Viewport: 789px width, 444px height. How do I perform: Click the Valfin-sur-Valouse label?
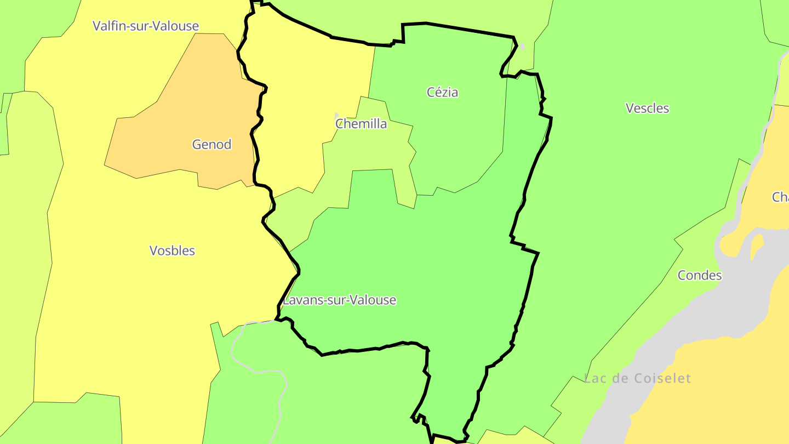(x=146, y=26)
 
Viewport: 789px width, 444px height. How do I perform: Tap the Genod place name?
(x=211, y=145)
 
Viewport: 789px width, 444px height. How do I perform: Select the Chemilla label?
(x=361, y=124)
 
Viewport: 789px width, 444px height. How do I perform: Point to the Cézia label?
(x=442, y=92)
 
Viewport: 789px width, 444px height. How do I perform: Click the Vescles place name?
(x=647, y=108)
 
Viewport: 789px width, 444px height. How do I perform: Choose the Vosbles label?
(x=172, y=251)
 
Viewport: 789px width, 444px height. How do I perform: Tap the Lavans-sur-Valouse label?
(x=339, y=300)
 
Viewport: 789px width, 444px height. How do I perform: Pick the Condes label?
(x=700, y=275)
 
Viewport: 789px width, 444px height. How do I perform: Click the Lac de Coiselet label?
(x=637, y=378)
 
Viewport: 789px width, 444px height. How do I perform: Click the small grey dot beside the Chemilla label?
(x=336, y=116)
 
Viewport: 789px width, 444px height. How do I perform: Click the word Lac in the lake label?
(x=596, y=378)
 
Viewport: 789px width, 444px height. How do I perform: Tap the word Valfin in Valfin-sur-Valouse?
(x=110, y=26)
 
